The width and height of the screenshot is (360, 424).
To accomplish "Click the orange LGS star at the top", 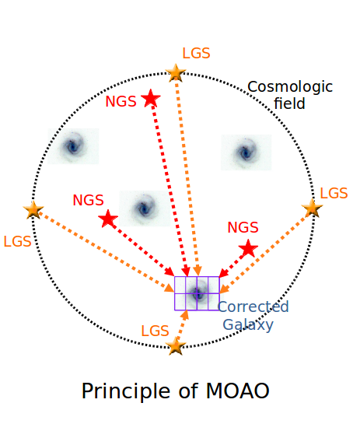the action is tap(176, 72).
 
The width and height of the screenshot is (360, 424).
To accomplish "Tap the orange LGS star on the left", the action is tap(33, 209).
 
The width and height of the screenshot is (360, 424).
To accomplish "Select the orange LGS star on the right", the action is tap(312, 208).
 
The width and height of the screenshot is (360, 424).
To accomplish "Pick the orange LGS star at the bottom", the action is tap(176, 346).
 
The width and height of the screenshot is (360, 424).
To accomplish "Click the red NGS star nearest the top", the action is tap(151, 98).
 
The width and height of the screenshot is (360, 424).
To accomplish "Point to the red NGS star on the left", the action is tap(108, 219).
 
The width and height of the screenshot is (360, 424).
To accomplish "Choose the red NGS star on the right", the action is tap(248, 248).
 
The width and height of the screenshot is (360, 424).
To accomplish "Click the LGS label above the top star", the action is tap(196, 53).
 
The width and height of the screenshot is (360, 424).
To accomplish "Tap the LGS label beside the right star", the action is tap(334, 194).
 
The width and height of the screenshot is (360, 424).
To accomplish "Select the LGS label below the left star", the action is tap(17, 241).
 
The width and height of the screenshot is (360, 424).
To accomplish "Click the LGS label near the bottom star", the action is tap(156, 331).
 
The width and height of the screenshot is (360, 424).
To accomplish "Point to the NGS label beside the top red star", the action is tap(121, 102).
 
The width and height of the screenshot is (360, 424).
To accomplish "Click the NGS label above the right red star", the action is tap(243, 227).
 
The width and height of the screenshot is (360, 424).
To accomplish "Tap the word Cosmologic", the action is tap(290, 87).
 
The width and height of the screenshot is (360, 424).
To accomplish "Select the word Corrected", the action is tap(253, 307).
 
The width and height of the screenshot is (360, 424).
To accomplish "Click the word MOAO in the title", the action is tap(238, 391).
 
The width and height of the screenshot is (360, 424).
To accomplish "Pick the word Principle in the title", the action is tap(126, 392).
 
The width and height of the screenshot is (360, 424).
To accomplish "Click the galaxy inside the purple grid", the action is tap(197, 293).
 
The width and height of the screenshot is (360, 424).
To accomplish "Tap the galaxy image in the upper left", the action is tap(73, 146).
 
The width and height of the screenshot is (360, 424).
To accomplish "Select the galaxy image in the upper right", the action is tap(246, 152).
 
